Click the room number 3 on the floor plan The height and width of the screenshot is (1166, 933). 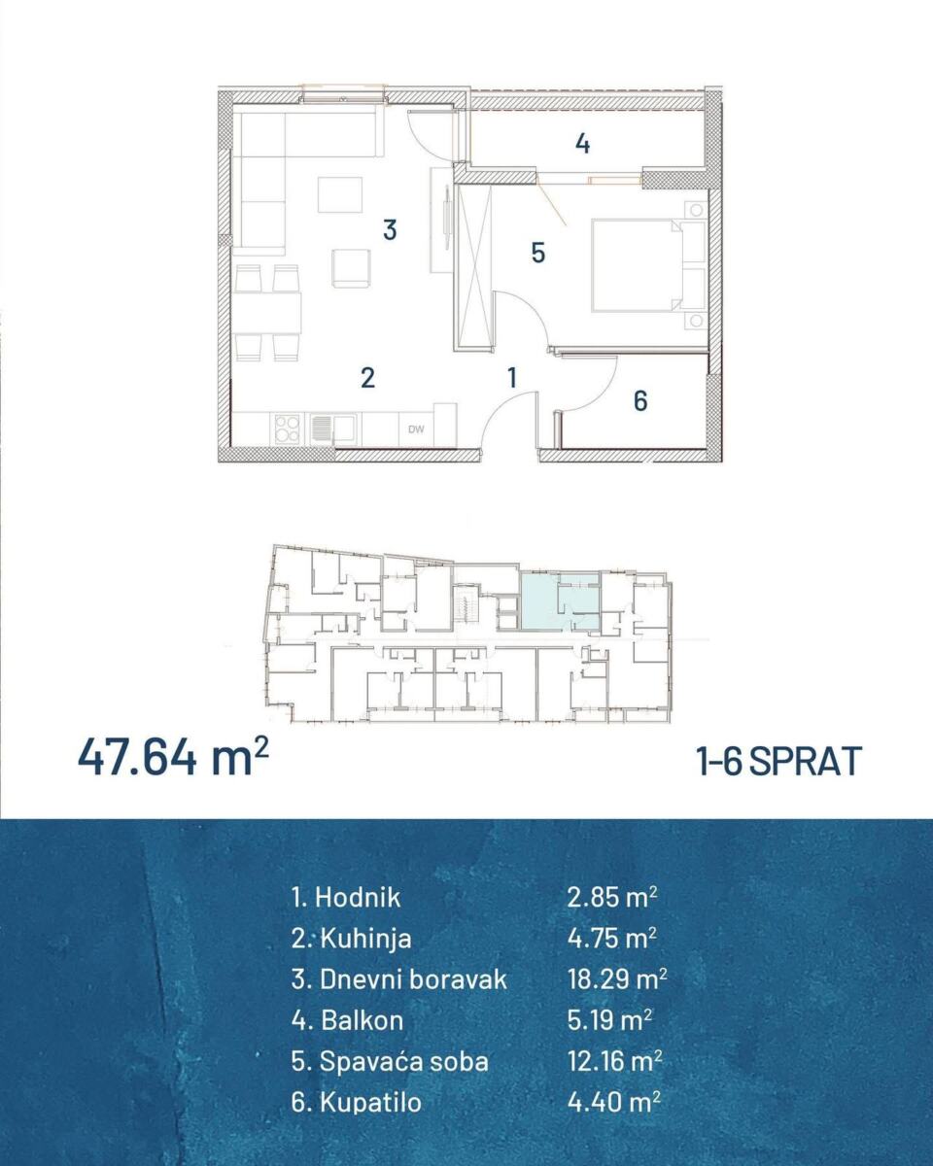pos(390,230)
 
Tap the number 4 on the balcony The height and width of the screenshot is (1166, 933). pos(582,144)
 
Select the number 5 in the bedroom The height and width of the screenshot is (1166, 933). pos(537,253)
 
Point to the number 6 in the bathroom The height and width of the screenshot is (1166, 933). pos(640,401)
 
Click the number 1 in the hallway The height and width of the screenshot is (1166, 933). pos(512,378)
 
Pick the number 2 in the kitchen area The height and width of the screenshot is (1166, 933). pos(367,378)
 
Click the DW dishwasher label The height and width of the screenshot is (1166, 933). pos(416,429)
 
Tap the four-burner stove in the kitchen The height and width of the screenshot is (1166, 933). pos(287,429)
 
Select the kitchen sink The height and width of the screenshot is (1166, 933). pos(333,429)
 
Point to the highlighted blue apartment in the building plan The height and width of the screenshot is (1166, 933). pos(560,602)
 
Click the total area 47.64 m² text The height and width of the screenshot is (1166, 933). pos(174,760)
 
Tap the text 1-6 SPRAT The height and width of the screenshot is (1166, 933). pos(779,761)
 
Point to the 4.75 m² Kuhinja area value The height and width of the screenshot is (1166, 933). pos(612,939)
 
